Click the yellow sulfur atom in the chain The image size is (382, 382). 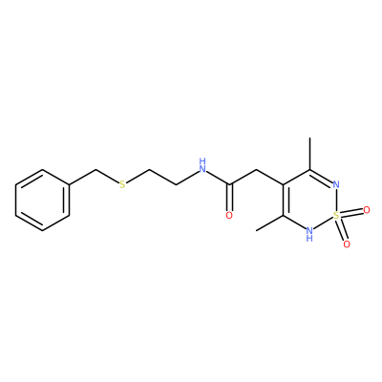122,184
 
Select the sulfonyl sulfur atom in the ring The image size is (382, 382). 336,216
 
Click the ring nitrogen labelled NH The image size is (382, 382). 309,234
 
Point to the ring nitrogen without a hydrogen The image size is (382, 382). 336,184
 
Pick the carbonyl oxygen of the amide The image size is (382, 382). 229,216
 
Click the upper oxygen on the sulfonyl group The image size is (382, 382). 367,210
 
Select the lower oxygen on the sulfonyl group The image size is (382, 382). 347,244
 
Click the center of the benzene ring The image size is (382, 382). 42,201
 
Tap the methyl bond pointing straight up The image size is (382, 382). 309,154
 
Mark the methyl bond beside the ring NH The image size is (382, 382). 269,223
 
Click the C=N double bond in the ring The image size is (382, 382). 321,177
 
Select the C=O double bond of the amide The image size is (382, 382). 229,198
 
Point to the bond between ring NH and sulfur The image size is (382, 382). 323,223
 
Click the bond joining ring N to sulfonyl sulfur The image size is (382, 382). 336,201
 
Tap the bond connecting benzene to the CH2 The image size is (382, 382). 82,177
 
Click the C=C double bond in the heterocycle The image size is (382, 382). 285,201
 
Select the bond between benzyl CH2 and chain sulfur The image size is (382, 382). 107,176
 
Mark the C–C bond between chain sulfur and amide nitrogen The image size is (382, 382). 162,177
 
